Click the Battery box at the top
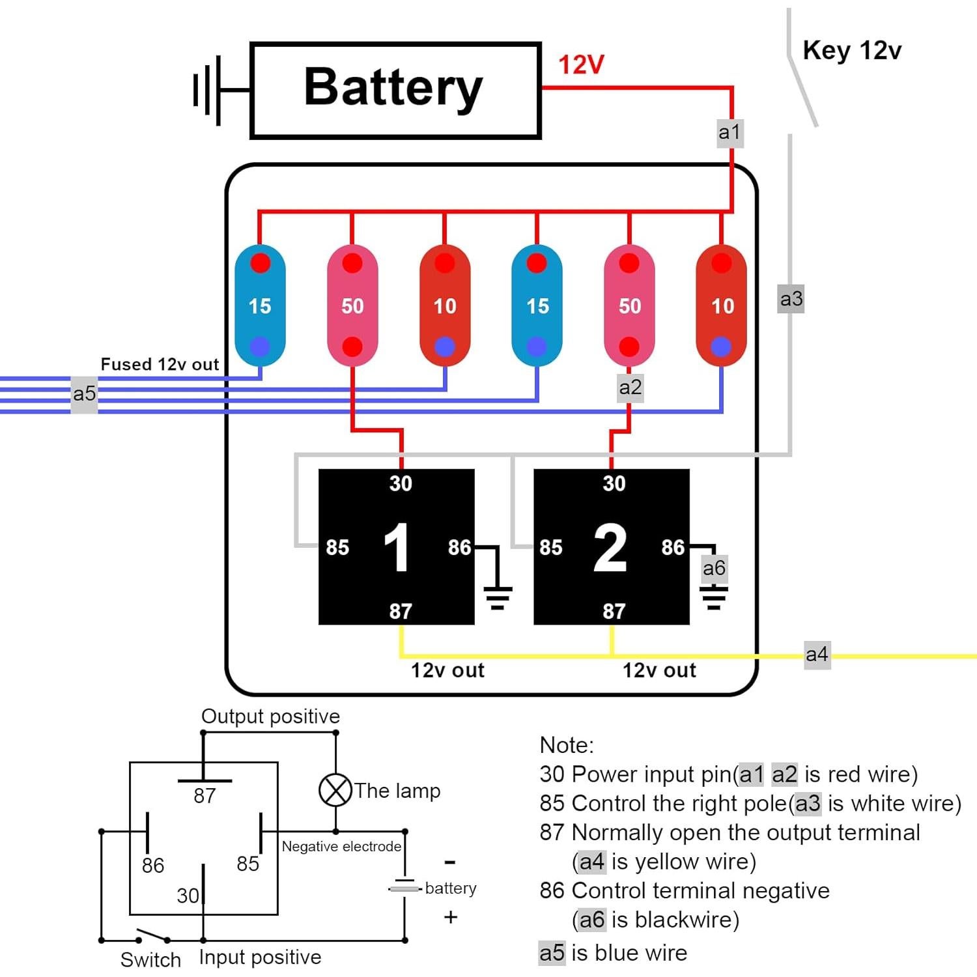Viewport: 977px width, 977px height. [395, 91]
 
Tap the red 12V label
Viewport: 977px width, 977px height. [581, 64]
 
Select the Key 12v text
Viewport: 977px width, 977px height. [851, 50]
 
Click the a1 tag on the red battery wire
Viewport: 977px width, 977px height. [729, 132]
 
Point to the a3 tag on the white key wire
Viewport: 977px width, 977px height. [791, 299]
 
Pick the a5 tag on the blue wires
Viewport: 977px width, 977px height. [84, 393]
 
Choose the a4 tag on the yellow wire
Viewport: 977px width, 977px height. [817, 654]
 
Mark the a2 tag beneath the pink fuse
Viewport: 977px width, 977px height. [630, 388]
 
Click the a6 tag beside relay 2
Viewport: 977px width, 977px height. [714, 568]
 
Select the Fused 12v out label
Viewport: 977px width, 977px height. [160, 364]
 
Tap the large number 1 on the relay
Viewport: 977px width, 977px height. [397, 548]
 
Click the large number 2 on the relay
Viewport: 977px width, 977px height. [611, 548]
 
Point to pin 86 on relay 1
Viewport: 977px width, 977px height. [459, 547]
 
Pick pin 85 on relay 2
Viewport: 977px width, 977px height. [550, 547]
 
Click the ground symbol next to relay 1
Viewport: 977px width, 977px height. [498, 597]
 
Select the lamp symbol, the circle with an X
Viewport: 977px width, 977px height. [335, 790]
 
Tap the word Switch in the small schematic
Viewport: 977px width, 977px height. [150, 959]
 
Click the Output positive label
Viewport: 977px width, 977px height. [270, 716]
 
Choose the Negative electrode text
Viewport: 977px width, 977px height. [341, 846]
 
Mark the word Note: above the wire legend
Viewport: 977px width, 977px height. [567, 745]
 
